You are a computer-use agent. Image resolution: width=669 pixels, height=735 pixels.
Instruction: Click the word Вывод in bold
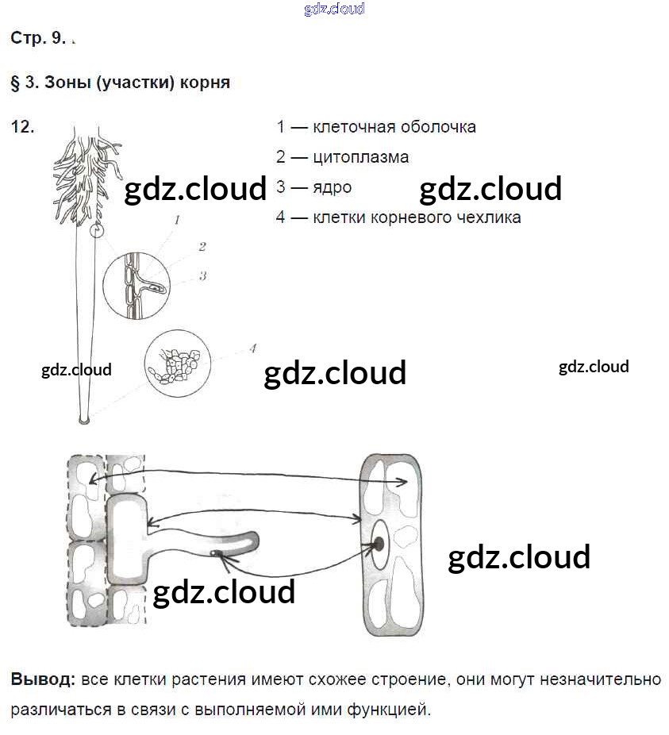[x=43, y=679]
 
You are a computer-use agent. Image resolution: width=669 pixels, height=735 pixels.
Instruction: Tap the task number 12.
[x=23, y=126]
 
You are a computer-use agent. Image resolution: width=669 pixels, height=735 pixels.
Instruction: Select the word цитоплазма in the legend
[x=360, y=157]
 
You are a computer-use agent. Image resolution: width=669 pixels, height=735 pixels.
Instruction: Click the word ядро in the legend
[x=332, y=187]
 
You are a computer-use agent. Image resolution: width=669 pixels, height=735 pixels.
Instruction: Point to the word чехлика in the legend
[x=486, y=217]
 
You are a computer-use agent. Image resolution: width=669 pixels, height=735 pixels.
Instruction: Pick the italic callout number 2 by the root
[x=202, y=247]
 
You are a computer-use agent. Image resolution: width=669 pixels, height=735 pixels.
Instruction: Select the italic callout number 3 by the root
[x=203, y=276]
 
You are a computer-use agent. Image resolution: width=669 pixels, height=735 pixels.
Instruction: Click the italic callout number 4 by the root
[x=252, y=348]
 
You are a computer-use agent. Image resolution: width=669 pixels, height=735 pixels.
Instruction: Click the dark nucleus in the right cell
[x=379, y=544]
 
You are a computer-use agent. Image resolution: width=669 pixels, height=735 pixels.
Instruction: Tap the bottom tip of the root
[x=83, y=418]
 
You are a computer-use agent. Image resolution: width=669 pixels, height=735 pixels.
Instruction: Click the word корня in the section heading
[x=208, y=83]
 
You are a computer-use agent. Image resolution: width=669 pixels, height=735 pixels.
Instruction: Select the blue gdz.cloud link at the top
[x=334, y=9]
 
